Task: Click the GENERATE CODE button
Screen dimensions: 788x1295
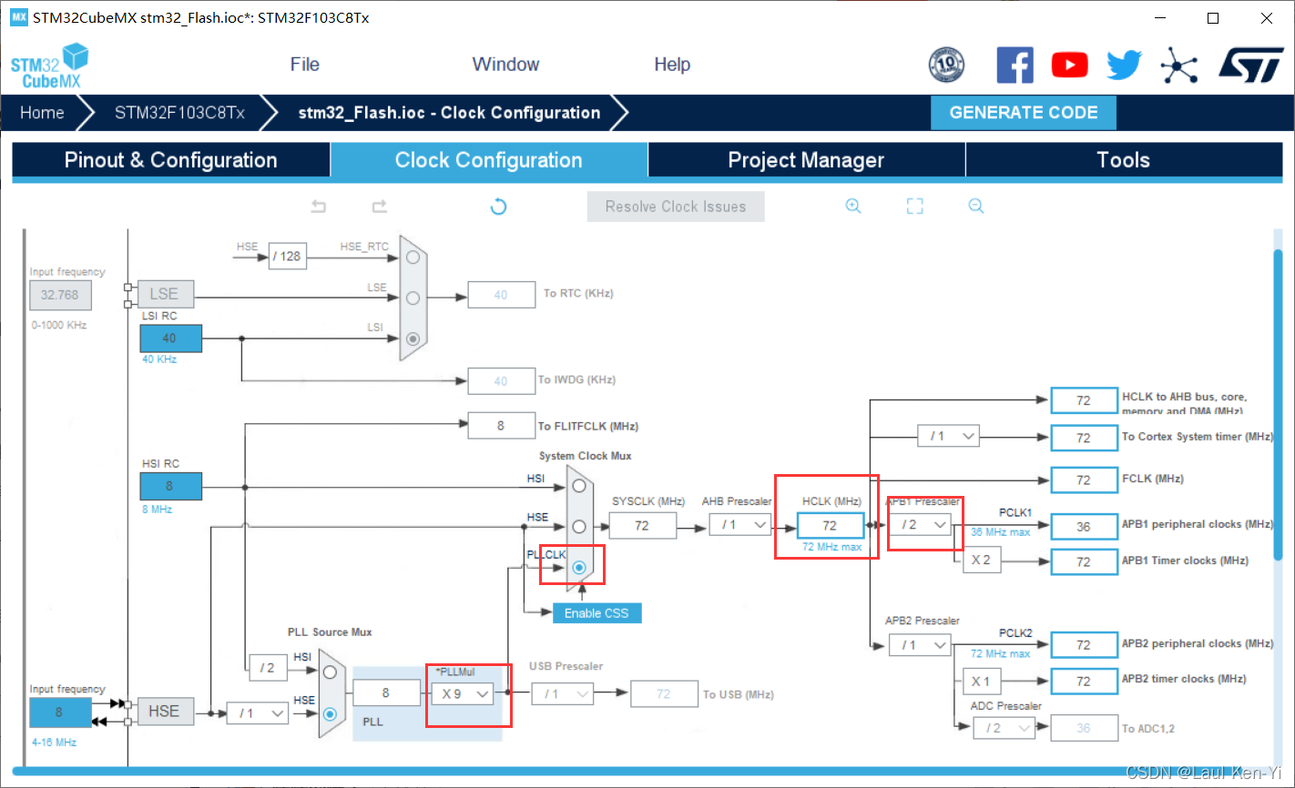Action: point(1023,113)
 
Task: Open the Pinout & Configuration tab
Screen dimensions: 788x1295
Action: point(170,160)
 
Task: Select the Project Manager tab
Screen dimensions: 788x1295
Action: point(806,160)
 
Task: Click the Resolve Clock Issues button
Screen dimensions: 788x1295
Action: point(676,207)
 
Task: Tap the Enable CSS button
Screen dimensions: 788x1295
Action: point(597,613)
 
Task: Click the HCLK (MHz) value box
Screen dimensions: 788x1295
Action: point(830,526)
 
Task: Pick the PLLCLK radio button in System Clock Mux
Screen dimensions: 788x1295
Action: point(579,567)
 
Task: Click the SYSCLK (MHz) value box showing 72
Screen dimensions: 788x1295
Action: point(642,526)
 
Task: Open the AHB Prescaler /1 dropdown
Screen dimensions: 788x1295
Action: point(740,525)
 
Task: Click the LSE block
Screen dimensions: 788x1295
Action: point(164,294)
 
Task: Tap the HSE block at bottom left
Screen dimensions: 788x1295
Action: point(164,712)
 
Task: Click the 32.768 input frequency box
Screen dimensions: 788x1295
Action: point(60,295)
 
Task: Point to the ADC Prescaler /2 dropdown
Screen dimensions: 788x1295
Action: point(1004,728)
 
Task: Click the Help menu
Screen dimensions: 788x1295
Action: point(672,65)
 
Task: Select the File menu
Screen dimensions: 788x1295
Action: point(304,65)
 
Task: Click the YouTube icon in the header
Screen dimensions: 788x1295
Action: point(1069,65)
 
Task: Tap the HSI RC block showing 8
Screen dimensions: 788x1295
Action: point(170,486)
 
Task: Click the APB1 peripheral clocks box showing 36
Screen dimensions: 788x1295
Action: point(1083,527)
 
